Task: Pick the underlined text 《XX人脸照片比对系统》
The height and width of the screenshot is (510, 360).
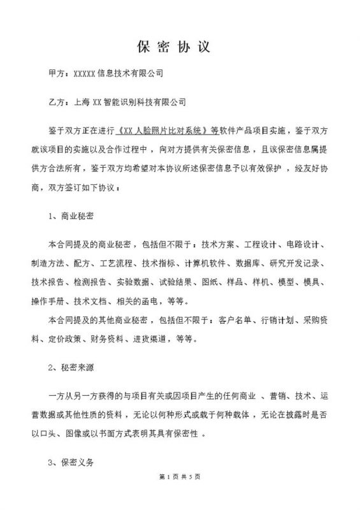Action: pyautogui.click(x=164, y=129)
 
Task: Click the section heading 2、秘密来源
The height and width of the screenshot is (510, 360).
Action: pyautogui.click(x=71, y=368)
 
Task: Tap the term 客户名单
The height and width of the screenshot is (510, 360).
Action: pyautogui.click(x=235, y=317)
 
